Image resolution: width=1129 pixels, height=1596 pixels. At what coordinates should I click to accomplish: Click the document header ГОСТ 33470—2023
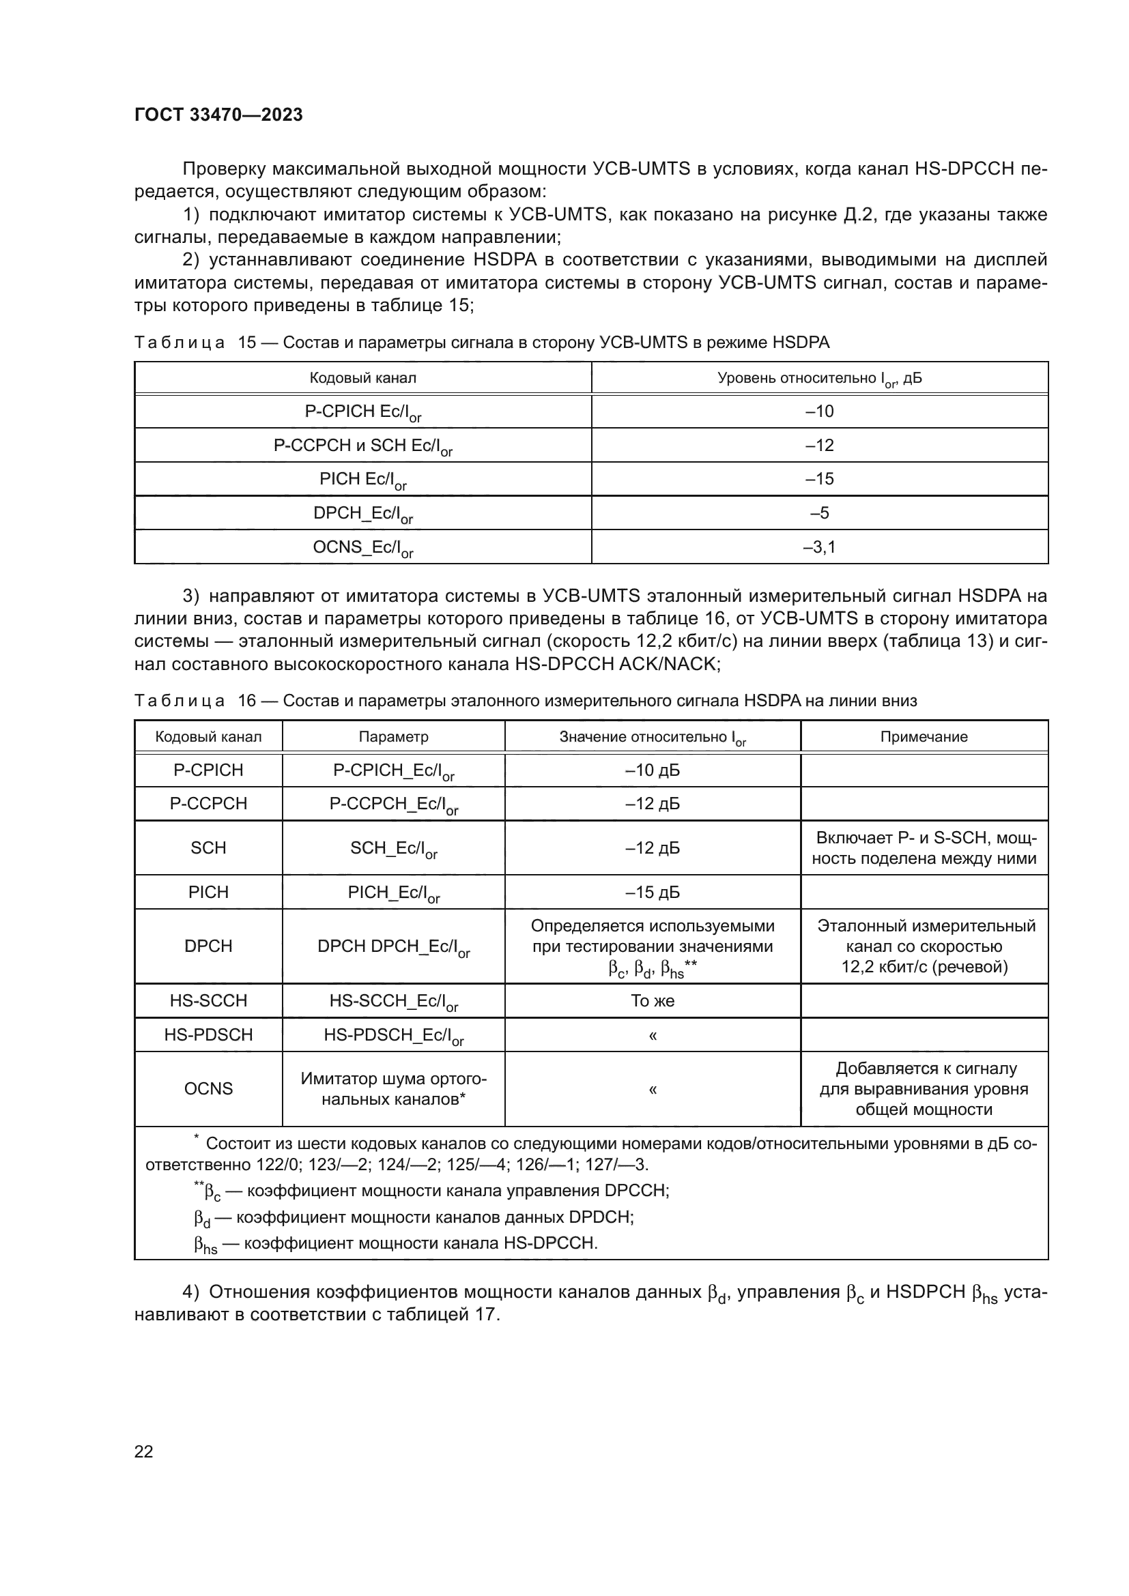(x=218, y=115)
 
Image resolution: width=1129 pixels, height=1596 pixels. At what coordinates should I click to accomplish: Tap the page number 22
(x=143, y=1451)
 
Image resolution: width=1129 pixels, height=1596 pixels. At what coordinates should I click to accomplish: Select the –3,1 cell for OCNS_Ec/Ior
(x=819, y=547)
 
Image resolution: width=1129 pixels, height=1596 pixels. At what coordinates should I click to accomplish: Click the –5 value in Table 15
(x=819, y=513)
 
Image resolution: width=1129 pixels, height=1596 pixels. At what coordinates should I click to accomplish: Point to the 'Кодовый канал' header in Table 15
(x=362, y=378)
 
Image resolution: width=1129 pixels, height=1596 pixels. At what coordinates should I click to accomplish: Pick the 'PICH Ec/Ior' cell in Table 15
(x=362, y=480)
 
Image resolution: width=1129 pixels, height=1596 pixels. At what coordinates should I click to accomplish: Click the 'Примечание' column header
(x=924, y=737)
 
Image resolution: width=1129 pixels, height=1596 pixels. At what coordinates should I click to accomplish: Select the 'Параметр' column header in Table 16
(x=392, y=737)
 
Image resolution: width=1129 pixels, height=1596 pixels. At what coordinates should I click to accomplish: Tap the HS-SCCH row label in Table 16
(x=208, y=1000)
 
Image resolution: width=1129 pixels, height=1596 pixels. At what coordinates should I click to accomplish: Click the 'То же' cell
(x=652, y=1000)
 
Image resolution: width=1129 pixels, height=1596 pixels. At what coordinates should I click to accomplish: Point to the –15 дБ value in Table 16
(x=652, y=892)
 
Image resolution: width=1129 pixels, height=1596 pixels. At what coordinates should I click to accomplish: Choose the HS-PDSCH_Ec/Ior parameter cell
(x=392, y=1035)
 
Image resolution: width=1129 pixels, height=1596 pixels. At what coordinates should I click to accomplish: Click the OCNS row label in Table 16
(x=208, y=1088)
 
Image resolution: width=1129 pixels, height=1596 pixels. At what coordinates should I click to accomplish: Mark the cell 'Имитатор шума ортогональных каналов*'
(x=392, y=1088)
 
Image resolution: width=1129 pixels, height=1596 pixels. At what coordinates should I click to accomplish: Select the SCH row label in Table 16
(x=208, y=847)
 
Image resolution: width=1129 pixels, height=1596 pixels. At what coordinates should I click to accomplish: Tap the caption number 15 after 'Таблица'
(x=247, y=343)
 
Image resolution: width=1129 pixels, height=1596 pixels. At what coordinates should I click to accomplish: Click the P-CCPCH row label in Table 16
(x=208, y=804)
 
